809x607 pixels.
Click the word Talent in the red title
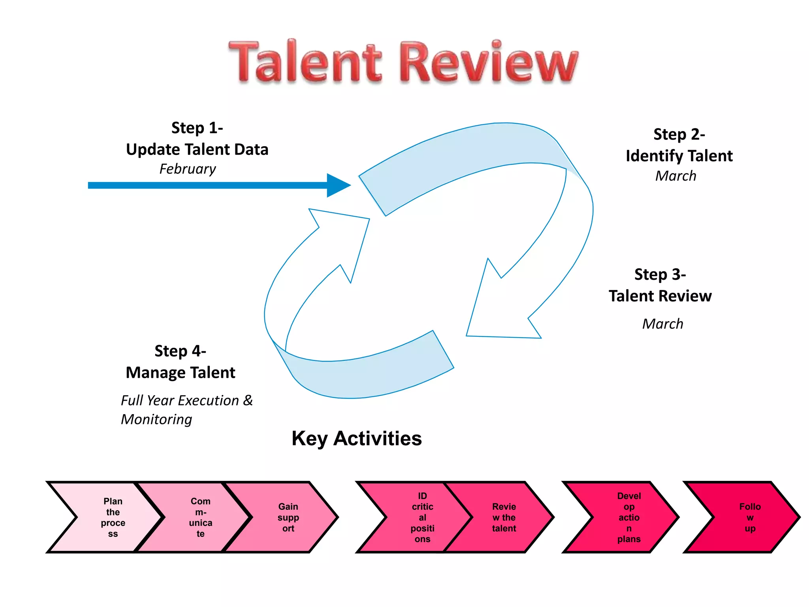tap(305, 62)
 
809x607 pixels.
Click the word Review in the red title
tap(489, 62)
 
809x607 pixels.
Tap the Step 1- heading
tap(197, 128)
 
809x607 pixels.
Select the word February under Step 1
tap(188, 169)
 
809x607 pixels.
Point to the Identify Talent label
tap(679, 156)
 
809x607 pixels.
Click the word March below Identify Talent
tap(675, 176)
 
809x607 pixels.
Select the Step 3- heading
tap(660, 274)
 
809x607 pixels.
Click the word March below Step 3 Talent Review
tap(662, 324)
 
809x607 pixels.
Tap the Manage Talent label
tap(181, 373)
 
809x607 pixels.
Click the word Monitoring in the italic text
tap(156, 419)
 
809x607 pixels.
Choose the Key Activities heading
tap(356, 439)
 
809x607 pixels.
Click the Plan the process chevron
tap(113, 517)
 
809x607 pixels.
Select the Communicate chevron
tap(200, 517)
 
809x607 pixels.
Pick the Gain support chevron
tap(288, 517)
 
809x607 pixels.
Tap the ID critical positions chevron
tap(422, 517)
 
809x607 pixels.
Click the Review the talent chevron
tap(504, 517)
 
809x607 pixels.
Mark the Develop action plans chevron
tap(628, 517)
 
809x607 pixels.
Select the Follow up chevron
tap(749, 517)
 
